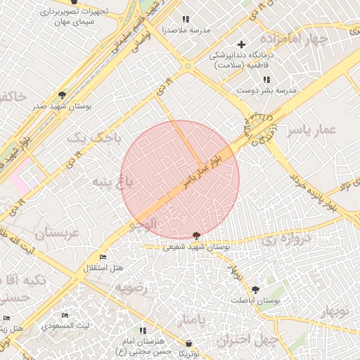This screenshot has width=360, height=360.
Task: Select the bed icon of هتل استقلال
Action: tap(104, 257)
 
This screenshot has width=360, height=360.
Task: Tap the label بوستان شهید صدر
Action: tap(58, 106)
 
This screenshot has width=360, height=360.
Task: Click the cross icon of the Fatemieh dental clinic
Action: tap(242, 44)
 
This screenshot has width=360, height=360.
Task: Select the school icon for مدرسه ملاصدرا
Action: tap(186, 20)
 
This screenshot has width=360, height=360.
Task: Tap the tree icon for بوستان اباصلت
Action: tap(255, 289)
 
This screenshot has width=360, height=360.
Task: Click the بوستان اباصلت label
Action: tap(258, 300)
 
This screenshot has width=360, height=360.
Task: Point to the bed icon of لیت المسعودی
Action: tap(65, 315)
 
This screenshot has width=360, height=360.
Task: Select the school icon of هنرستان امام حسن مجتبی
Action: tap(143, 330)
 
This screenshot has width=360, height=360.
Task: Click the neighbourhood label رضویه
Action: tap(133, 288)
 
